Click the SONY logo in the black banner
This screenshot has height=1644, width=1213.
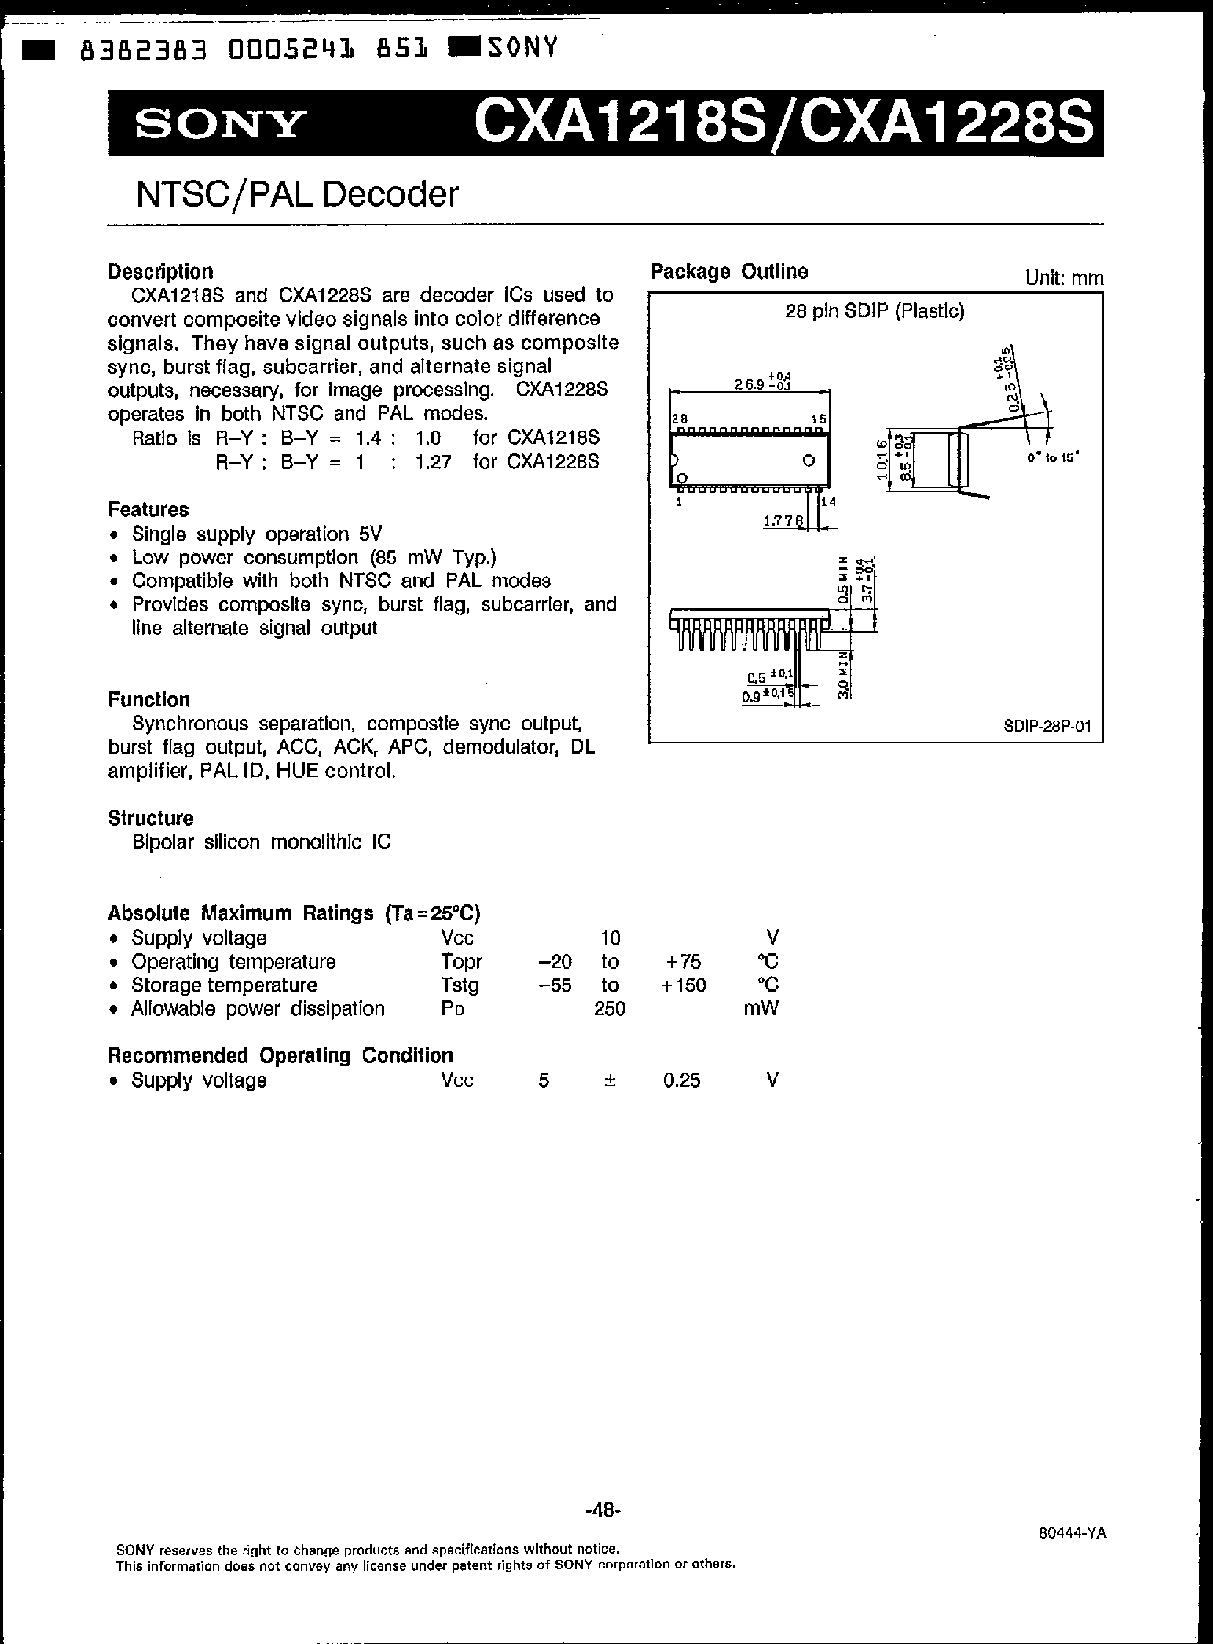219,124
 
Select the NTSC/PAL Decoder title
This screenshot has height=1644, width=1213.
297,194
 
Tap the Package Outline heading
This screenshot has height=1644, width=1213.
729,272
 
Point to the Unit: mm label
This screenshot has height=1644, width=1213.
1063,277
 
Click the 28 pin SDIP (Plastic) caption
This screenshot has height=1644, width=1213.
874,311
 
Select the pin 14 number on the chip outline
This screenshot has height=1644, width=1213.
828,502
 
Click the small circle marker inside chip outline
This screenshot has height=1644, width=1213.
809,461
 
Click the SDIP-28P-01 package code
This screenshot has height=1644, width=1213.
1047,726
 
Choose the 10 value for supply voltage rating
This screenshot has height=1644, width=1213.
611,938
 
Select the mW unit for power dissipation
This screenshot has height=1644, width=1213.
761,1008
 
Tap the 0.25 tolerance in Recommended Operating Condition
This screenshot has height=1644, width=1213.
682,1080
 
